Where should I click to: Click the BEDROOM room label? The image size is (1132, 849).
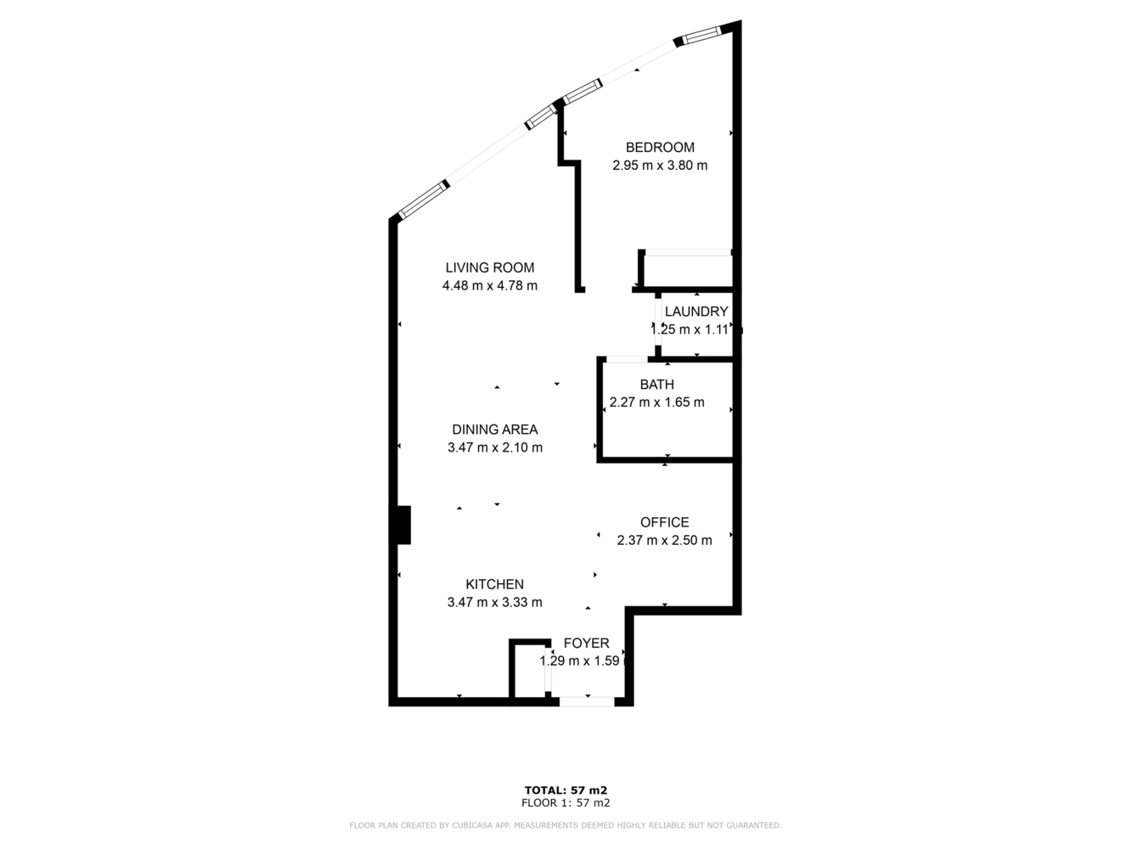click(660, 148)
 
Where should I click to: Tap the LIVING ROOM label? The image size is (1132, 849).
click(490, 268)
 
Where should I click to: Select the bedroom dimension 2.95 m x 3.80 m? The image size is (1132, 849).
click(660, 166)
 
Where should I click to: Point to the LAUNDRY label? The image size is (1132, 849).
click(696, 312)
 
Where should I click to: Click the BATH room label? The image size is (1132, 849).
click(656, 385)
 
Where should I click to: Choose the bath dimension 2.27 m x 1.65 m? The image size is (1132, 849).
click(656, 402)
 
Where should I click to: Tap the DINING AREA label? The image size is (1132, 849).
click(494, 430)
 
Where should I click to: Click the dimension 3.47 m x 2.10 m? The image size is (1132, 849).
click(494, 447)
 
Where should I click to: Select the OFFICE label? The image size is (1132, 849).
click(664, 522)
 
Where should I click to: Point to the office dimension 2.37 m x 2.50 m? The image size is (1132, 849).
click(664, 540)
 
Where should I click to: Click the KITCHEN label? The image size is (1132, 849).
click(494, 584)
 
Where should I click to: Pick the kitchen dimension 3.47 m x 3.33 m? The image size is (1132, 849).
click(494, 603)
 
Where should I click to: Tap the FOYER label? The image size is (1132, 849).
click(586, 644)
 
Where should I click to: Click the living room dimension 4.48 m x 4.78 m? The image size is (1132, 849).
click(490, 286)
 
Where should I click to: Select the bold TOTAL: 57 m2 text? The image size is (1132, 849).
click(566, 790)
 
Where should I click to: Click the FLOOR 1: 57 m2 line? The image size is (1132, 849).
click(566, 802)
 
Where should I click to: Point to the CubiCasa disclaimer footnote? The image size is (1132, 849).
click(566, 825)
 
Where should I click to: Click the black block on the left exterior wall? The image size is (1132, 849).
click(402, 525)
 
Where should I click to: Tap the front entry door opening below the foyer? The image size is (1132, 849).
click(587, 701)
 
